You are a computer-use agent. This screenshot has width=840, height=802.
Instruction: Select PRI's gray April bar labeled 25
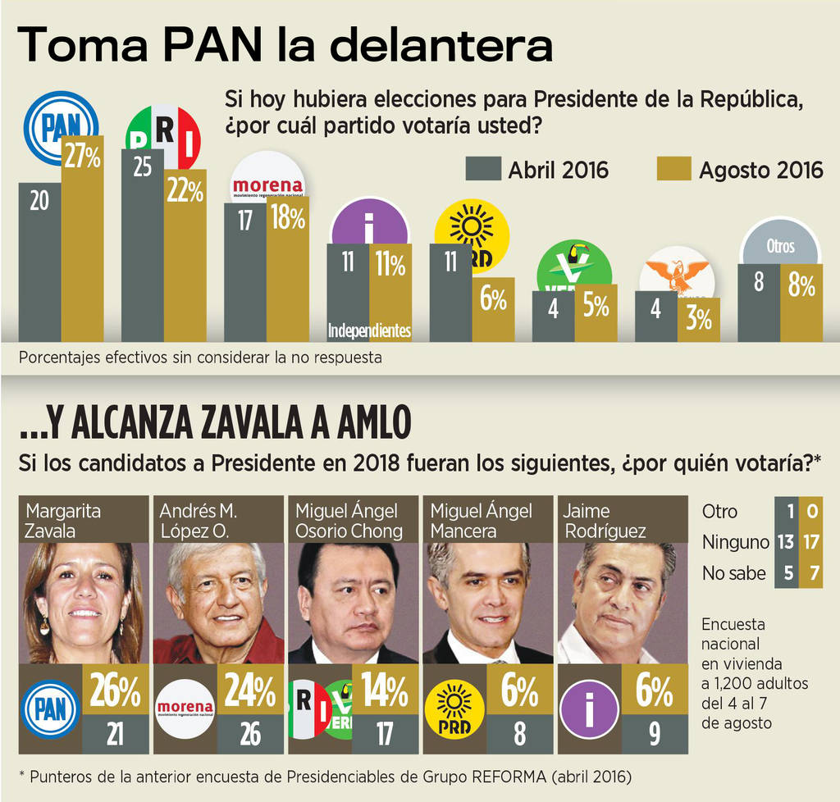142,246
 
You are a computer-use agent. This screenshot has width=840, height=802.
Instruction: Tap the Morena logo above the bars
267,181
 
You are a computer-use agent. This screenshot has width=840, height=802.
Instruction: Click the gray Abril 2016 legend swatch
482,169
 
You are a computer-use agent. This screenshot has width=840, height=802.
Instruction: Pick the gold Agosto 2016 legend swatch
673,169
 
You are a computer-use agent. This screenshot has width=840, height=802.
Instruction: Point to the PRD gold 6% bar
493,309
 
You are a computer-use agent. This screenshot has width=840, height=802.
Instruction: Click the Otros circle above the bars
780,245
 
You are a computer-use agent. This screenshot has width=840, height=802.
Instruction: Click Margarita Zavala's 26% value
115,690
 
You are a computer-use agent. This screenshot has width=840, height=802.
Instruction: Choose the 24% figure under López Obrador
250,690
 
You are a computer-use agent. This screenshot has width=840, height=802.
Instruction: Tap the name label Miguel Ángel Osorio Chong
349,521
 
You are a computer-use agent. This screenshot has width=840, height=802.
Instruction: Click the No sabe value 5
787,572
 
